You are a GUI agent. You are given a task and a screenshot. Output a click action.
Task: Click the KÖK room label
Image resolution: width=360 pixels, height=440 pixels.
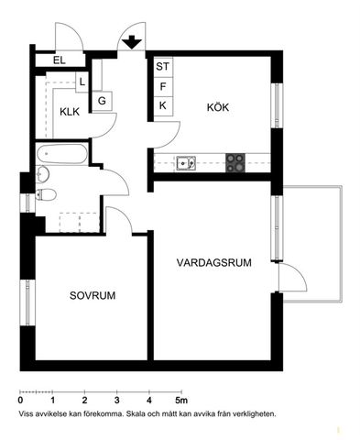coord(217,107)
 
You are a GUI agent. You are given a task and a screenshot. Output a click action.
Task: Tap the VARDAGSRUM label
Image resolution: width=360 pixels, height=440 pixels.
coord(214,262)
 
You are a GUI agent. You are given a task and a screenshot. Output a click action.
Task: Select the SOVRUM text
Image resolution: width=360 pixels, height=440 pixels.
coord(93,295)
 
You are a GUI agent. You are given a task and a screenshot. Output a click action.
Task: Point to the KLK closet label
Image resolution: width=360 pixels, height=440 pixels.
coord(71,112)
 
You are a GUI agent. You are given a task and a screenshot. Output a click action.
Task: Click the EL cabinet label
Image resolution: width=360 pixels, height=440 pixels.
coord(60,60)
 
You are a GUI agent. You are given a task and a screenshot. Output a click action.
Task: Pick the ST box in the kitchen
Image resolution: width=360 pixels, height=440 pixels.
coord(163,67)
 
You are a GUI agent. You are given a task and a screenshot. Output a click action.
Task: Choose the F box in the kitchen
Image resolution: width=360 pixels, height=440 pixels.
coord(163,86)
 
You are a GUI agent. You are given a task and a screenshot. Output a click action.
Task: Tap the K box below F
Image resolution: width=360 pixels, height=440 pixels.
coord(163,104)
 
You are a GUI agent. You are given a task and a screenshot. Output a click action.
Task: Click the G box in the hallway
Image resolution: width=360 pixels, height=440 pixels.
coord(102,99)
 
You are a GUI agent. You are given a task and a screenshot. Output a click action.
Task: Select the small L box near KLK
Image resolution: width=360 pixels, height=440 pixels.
coord(82,82)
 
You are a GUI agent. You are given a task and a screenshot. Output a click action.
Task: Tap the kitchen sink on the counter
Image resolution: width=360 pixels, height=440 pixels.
coord(186,164)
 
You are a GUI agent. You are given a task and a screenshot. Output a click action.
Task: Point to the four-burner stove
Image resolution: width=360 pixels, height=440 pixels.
coord(236,164)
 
